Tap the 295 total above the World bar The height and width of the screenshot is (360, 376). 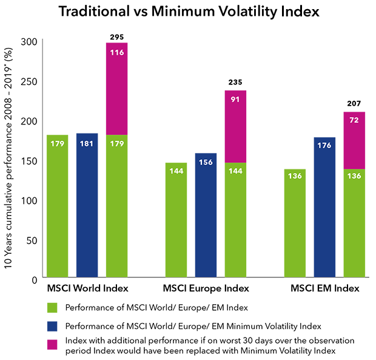pyautogui.click(x=117, y=37)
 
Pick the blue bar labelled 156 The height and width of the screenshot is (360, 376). pyautogui.click(x=206, y=216)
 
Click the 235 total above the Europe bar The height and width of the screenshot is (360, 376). pyautogui.click(x=236, y=84)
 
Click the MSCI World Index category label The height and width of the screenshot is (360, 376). pyautogui.click(x=87, y=287)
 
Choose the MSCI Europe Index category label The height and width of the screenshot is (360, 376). pyautogui.click(x=206, y=287)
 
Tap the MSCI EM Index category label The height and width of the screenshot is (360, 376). pyautogui.click(x=325, y=287)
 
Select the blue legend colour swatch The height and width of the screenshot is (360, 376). pyautogui.click(x=52, y=325)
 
